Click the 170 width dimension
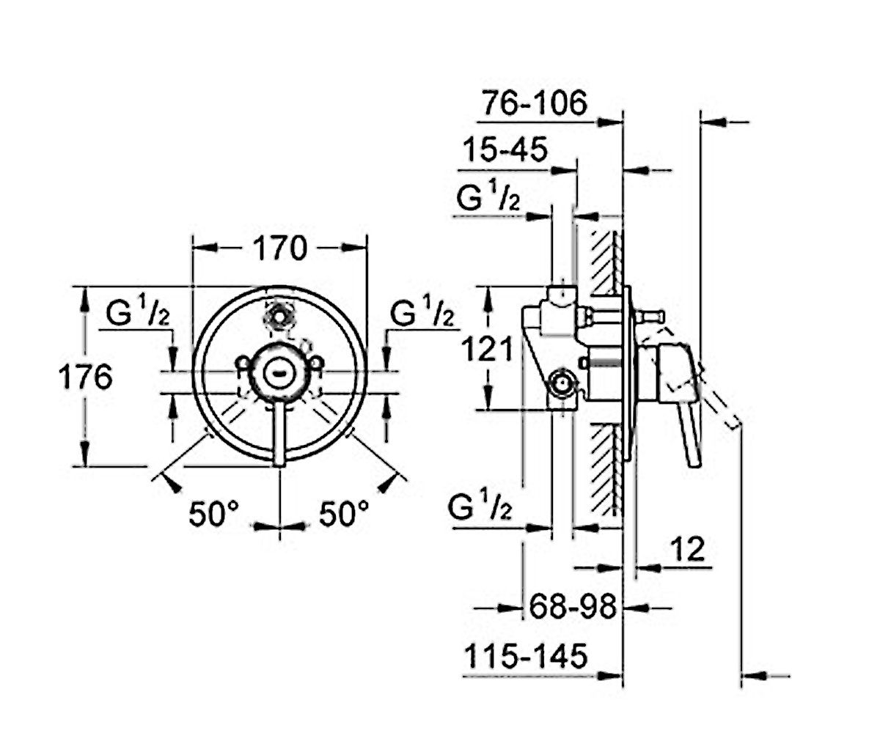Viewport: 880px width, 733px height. (280, 248)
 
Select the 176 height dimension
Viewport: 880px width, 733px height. (86, 377)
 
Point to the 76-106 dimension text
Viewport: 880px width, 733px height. (535, 103)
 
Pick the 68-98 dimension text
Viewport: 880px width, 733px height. (573, 607)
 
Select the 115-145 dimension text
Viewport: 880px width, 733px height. (526, 655)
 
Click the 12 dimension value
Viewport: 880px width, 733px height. (687, 548)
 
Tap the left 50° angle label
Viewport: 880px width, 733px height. (214, 514)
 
